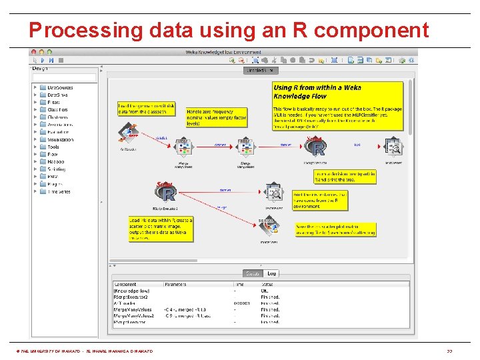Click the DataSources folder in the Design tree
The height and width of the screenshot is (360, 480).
pyautogui.click(x=59, y=87)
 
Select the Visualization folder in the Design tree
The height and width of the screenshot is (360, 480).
pyautogui.click(x=59, y=139)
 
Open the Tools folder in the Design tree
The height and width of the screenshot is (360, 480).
pyautogui.click(x=53, y=147)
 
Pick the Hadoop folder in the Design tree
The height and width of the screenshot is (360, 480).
pyautogui.click(x=55, y=161)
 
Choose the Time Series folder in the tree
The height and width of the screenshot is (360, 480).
pyautogui.click(x=58, y=191)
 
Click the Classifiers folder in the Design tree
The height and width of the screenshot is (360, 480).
pyautogui.click(x=57, y=109)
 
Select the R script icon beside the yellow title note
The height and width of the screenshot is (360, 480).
pyautogui.click(x=315, y=146)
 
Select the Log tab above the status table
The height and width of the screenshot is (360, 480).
pyautogui.click(x=271, y=273)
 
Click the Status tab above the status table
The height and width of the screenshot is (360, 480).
pyautogui.click(x=253, y=273)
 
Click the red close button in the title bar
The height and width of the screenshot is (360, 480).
pyautogui.click(x=34, y=52)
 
